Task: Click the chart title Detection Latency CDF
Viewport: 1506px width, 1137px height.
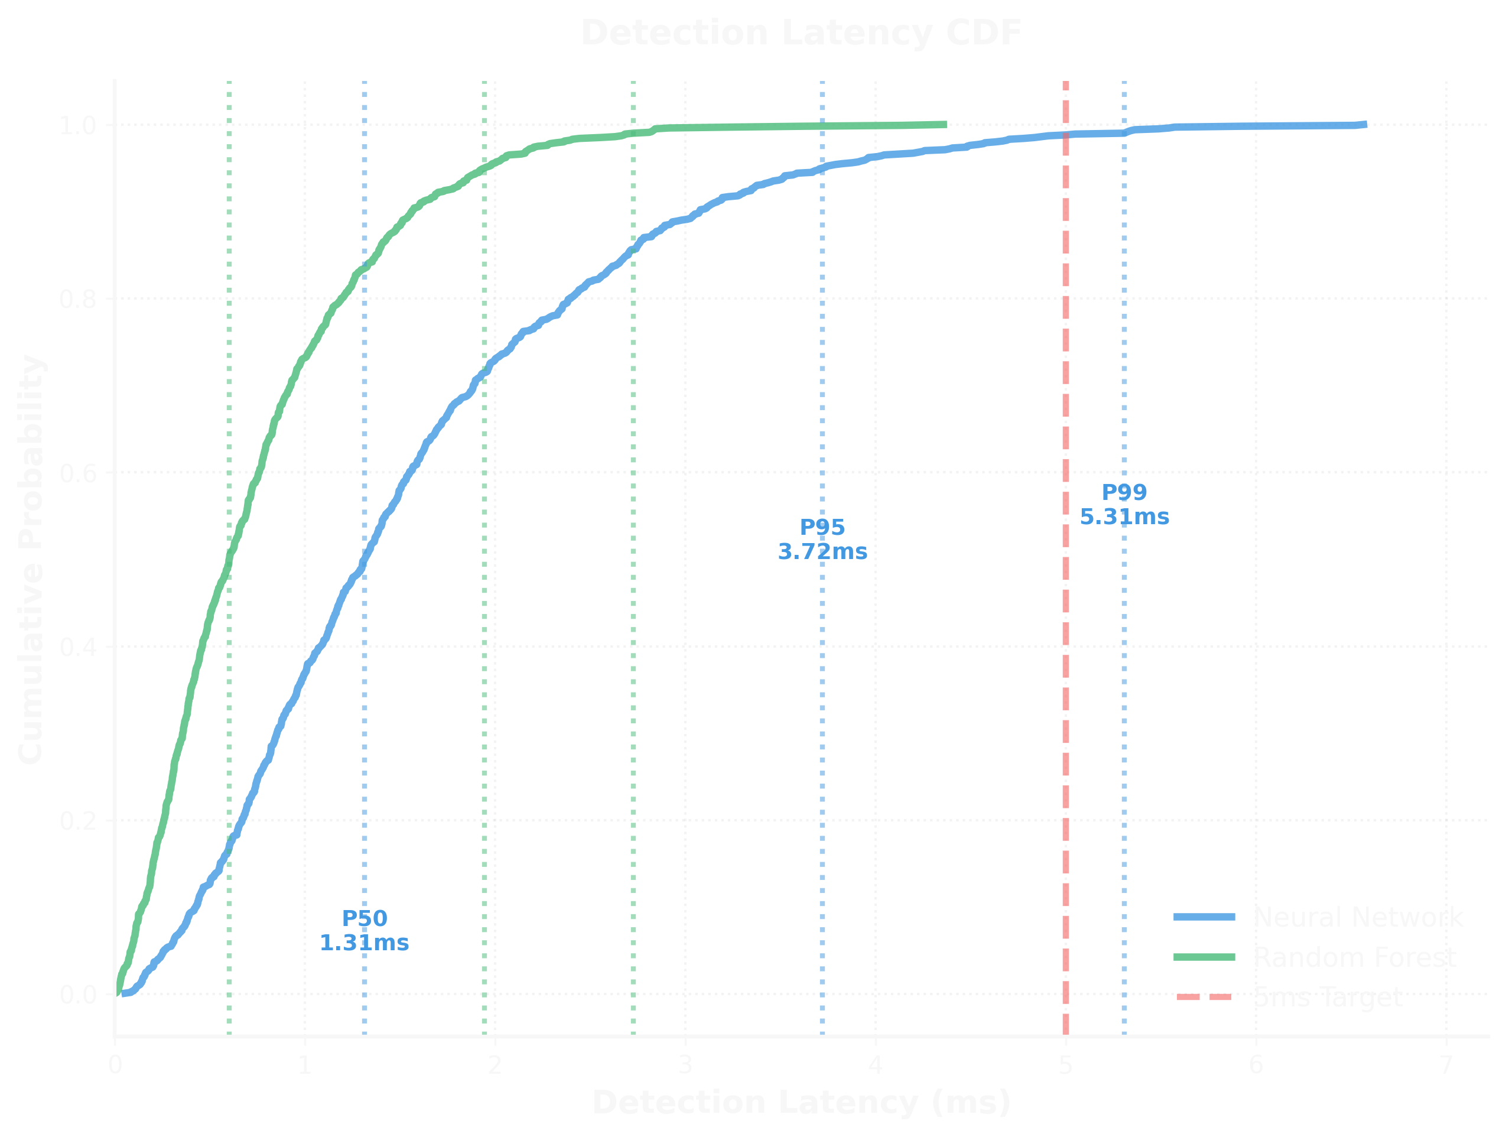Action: click(801, 33)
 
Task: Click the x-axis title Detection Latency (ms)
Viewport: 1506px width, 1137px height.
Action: click(801, 1102)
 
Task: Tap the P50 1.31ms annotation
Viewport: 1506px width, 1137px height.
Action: click(365, 930)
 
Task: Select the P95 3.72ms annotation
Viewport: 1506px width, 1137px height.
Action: click(822, 538)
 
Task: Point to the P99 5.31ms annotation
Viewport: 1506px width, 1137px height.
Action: click(1124, 504)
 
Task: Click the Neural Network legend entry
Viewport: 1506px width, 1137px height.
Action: click(1358, 917)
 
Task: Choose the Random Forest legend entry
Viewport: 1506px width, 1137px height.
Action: click(1354, 957)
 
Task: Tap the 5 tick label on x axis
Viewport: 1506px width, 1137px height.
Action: click(1065, 1064)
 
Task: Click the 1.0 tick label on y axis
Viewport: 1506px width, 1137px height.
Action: click(77, 125)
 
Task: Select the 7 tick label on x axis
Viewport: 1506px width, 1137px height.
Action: click(1446, 1064)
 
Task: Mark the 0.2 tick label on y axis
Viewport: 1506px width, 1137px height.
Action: click(77, 820)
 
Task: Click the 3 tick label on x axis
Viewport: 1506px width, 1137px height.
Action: click(685, 1064)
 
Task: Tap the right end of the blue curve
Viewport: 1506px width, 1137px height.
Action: click(1364, 125)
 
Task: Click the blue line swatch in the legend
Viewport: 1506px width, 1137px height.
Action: click(1204, 917)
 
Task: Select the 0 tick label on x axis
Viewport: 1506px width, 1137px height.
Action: click(115, 1064)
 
